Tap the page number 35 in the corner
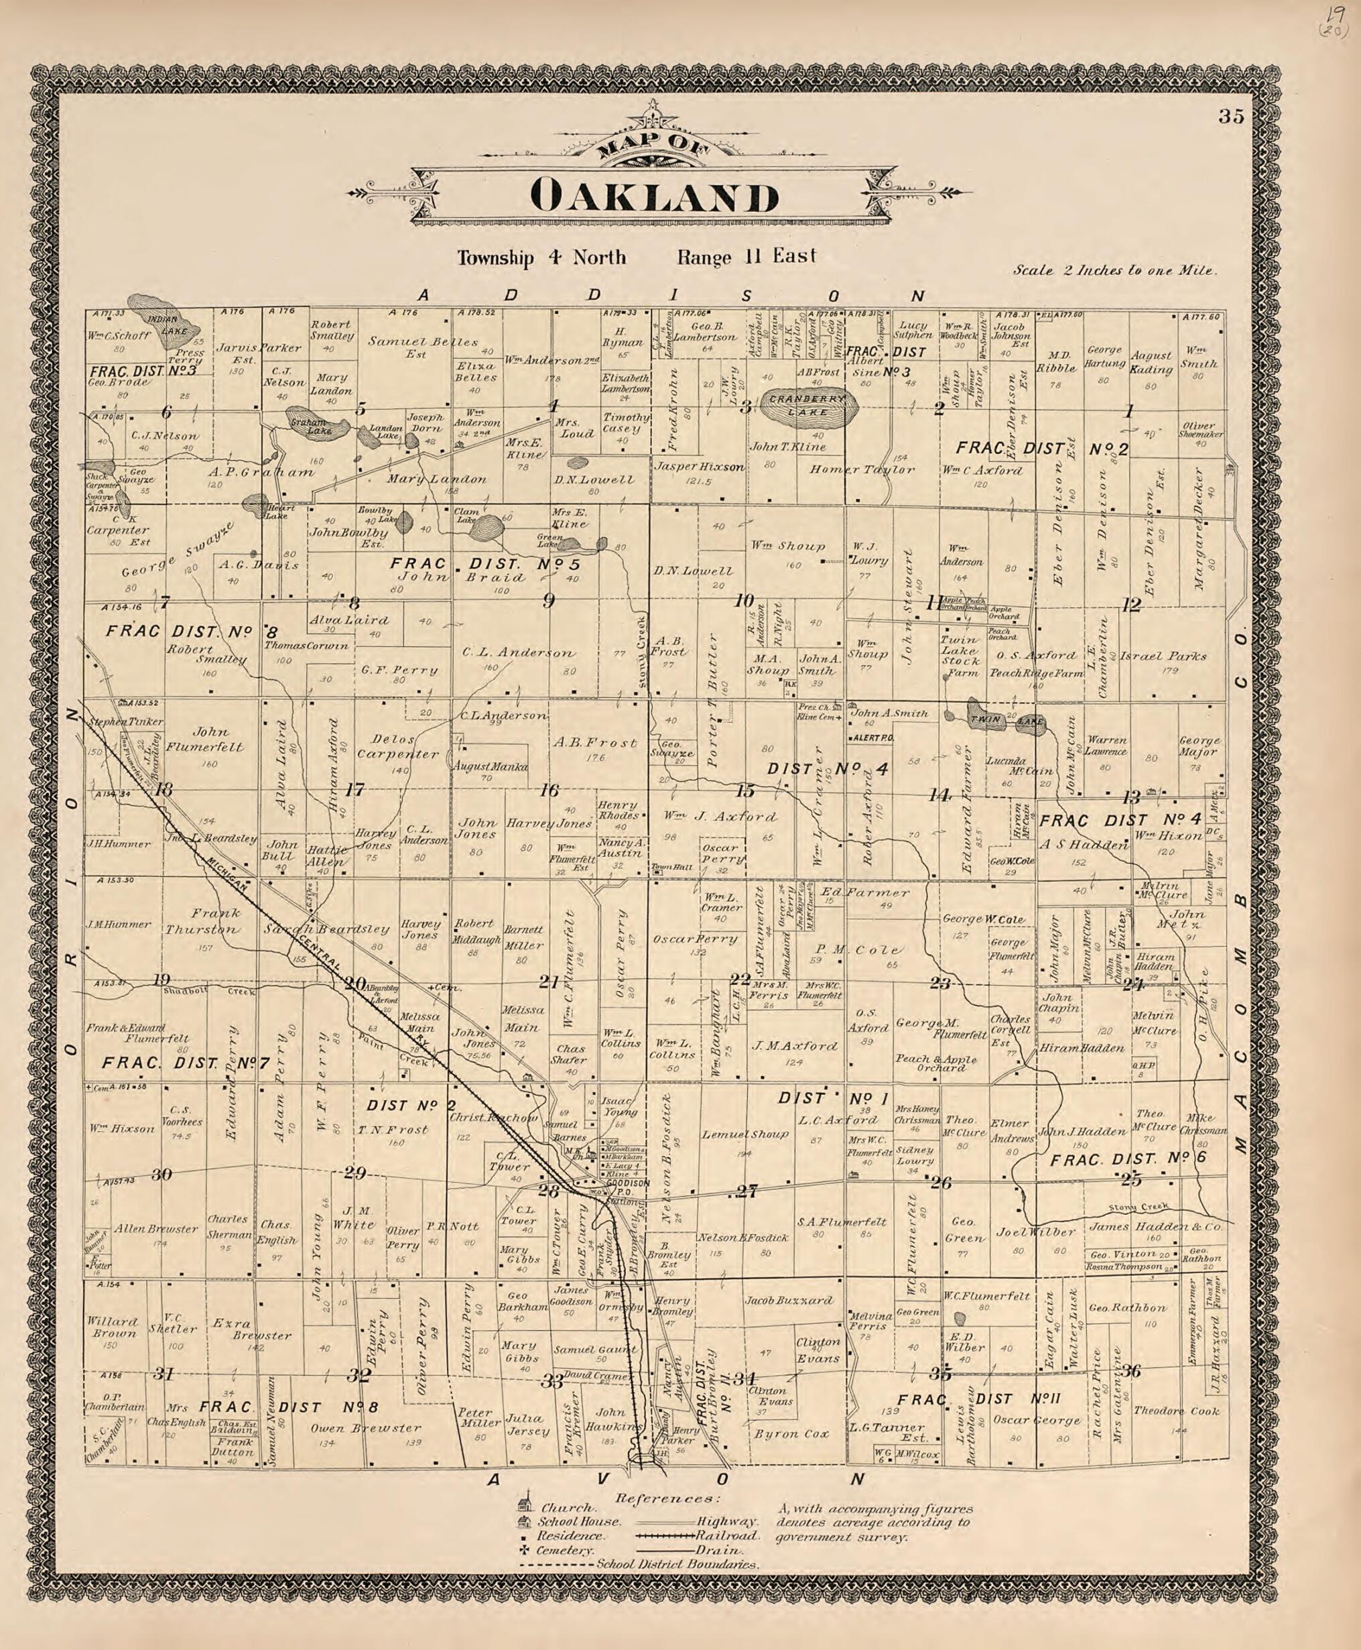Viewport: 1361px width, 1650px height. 1231,117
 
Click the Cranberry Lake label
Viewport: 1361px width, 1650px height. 808,405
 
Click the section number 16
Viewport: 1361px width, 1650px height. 548,790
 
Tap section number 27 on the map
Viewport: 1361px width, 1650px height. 746,1192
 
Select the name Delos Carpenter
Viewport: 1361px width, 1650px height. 397,747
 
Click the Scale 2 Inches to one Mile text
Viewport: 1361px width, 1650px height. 1114,271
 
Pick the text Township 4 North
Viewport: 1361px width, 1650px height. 541,258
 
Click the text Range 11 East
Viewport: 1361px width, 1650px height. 747,256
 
